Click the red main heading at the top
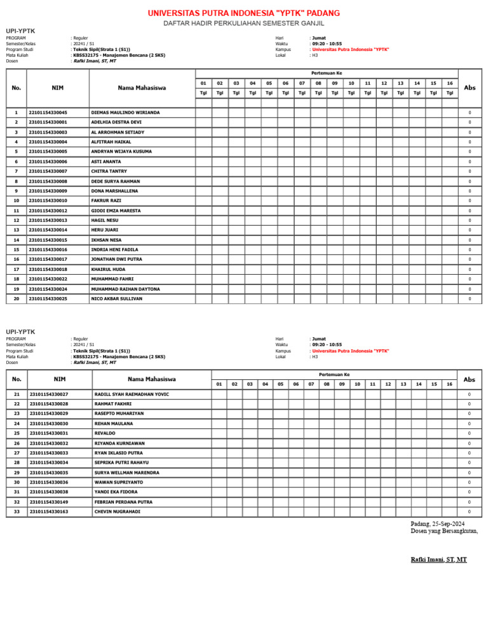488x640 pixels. (244, 13)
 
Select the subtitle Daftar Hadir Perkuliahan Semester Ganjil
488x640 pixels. (244, 24)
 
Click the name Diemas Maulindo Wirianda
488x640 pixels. (125, 113)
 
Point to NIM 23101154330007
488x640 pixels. (48, 171)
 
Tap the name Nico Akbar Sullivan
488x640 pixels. (117, 298)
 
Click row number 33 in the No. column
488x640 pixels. (17, 511)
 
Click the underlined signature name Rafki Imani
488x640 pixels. (438, 559)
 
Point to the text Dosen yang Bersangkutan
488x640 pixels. (444, 531)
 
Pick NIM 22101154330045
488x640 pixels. (48, 113)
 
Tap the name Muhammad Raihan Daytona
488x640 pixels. (125, 289)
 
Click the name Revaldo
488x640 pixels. (105, 433)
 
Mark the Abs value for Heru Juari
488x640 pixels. (470, 230)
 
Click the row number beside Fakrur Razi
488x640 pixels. (16, 200)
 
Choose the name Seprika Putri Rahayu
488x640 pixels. (121, 463)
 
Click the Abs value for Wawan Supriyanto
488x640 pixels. (469, 482)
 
